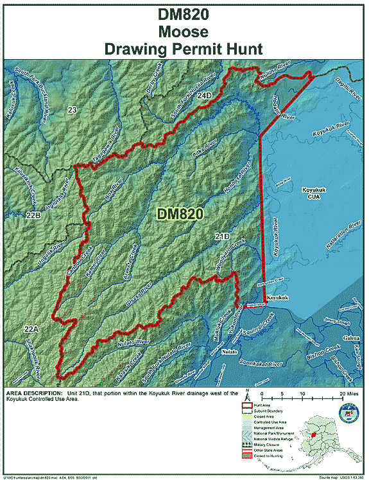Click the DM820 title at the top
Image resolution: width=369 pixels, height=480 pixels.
click(x=184, y=13)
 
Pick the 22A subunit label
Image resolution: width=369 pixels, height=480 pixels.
click(x=32, y=329)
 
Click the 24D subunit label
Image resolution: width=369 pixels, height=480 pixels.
click(x=204, y=96)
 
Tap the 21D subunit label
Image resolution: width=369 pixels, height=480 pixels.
click(x=222, y=236)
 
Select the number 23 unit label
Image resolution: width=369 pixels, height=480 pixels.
click(x=72, y=111)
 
